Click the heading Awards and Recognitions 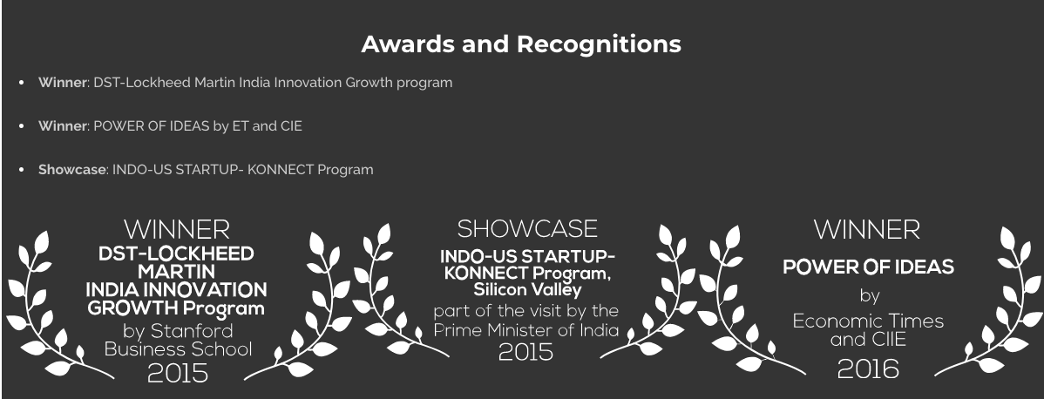[520, 44]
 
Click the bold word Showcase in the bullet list [72, 169]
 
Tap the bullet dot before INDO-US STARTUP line [22, 169]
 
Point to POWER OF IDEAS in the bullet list [151, 126]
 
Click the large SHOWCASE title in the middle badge [526, 229]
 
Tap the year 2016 [868, 369]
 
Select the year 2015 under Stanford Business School [177, 374]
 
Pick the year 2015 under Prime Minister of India [525, 352]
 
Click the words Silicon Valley [527, 290]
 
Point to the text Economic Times [868, 321]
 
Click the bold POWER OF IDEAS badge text [868, 267]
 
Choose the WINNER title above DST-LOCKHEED [176, 230]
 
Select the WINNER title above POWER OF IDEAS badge [867, 231]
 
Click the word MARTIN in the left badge [176, 272]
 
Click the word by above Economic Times [870, 295]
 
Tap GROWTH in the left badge [132, 308]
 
